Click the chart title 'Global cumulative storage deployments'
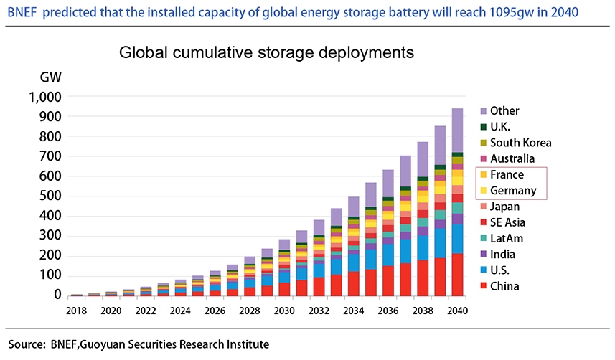[266, 52]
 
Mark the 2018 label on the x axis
[76, 311]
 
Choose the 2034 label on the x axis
[353, 311]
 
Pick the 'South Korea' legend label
[520, 143]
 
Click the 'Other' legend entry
[504, 111]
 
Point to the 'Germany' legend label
[513, 191]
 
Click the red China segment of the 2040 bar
[456, 274]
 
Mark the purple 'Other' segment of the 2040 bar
[456, 131]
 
